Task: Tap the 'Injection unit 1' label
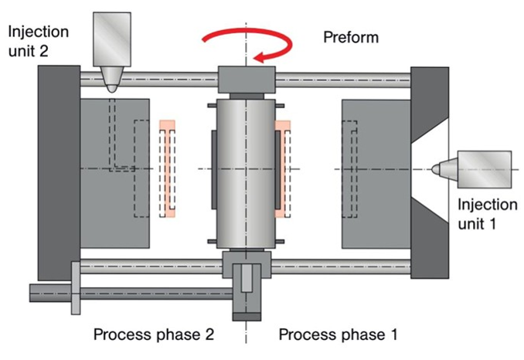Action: tap(486, 215)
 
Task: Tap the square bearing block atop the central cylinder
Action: tap(247, 78)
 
